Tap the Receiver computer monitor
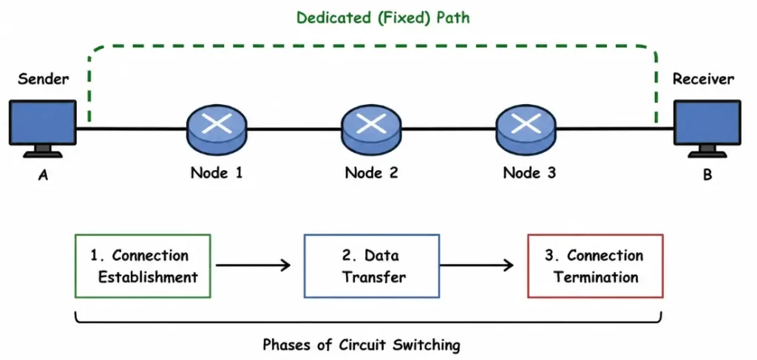pos(707,124)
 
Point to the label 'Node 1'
pos(217,173)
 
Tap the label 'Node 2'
pos(372,173)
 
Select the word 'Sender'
pos(43,78)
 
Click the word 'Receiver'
pos(703,78)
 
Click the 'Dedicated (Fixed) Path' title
pos(383,17)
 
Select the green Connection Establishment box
pos(143,266)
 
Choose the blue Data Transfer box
pos(372,266)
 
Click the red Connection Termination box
pos(594,266)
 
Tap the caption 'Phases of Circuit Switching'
pos(361,344)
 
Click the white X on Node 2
pos(373,123)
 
